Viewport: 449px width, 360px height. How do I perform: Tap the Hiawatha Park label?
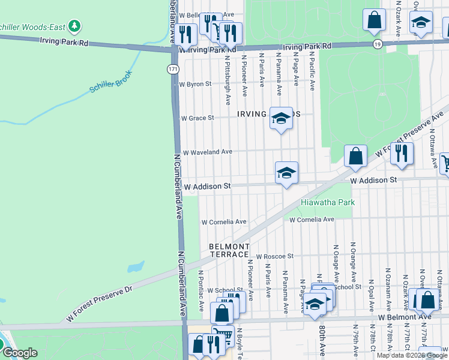328,202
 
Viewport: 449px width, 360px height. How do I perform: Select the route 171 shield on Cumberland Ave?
172,70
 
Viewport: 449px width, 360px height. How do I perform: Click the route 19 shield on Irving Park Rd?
376,44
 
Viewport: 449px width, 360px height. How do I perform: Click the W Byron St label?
196,85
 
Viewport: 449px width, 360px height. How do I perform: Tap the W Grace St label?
197,118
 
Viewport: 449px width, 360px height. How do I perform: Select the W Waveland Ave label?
207,152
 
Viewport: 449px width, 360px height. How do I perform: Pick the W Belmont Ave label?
404,316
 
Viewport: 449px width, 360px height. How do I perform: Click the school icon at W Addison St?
287,173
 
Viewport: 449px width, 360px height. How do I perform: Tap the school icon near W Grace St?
280,118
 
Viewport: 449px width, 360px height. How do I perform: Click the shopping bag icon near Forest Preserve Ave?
355,156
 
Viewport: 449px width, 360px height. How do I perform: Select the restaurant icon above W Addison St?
402,153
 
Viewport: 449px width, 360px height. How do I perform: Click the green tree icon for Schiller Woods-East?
74,26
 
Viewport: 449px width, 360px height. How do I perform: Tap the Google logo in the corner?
20,353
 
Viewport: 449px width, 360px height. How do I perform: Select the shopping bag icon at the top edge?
374,19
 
